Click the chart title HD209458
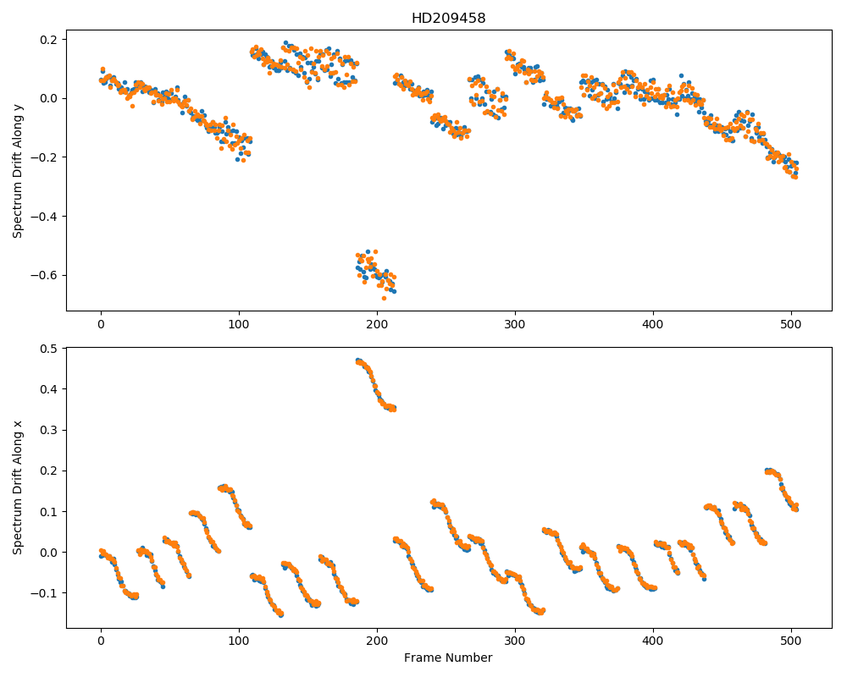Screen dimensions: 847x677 448,19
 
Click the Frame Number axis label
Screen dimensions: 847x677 448,658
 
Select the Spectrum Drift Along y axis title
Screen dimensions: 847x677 18,170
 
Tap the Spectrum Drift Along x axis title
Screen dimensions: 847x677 18,487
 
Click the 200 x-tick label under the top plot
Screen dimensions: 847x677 377,324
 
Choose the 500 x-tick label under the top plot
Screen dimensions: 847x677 791,324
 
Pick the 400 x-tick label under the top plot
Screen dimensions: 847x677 653,324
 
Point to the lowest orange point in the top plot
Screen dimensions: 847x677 384,298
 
